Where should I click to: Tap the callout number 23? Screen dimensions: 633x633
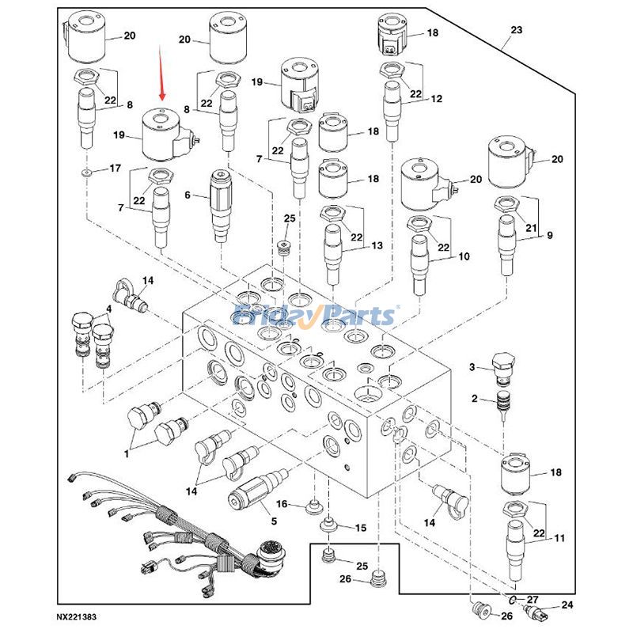click(x=516, y=30)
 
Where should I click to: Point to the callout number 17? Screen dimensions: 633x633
click(x=115, y=168)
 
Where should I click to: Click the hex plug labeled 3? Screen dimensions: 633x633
click(x=503, y=366)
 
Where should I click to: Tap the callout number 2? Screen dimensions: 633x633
click(x=473, y=398)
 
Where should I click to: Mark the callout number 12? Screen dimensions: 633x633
click(x=436, y=99)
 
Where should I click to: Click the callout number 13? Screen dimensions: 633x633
click(x=377, y=246)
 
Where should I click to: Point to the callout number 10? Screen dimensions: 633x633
click(x=464, y=256)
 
